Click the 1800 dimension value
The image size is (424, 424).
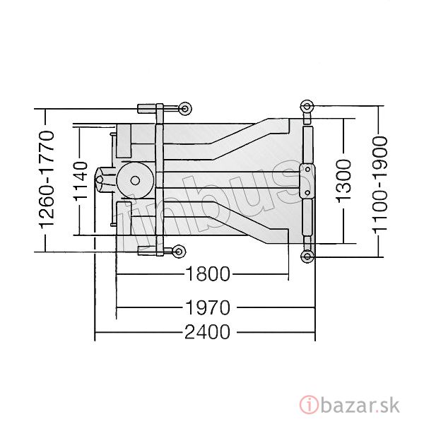click(x=207, y=274)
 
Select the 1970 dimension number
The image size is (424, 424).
click(x=207, y=307)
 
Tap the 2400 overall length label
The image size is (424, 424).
click(x=207, y=332)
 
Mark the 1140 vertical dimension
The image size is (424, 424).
click(x=81, y=180)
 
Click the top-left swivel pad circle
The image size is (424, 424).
click(x=185, y=109)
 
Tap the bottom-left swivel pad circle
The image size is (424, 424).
click(x=179, y=252)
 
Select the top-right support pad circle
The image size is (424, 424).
click(x=307, y=105)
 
